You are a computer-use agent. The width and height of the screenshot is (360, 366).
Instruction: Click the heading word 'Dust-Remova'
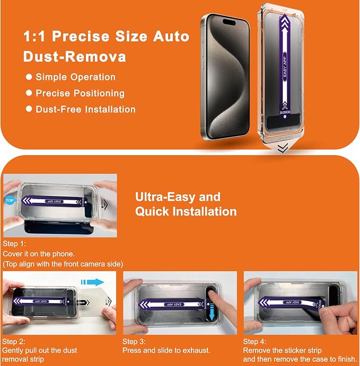(x=75, y=57)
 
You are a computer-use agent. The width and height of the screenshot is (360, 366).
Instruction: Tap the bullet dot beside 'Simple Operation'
(x=29, y=77)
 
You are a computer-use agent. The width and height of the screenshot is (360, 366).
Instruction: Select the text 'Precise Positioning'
(x=80, y=93)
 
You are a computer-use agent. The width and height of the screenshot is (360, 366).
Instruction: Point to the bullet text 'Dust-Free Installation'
(x=85, y=109)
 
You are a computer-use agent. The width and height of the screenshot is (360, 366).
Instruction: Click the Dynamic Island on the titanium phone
(x=229, y=22)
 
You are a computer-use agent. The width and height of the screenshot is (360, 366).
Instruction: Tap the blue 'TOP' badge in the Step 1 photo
(x=10, y=201)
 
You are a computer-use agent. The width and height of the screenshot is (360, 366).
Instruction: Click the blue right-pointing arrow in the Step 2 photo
(x=92, y=282)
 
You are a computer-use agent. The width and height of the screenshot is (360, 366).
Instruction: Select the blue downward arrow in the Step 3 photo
(x=212, y=312)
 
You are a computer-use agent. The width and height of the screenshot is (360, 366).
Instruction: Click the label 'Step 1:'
(x=14, y=244)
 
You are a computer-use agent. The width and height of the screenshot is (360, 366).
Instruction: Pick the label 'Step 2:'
(x=14, y=342)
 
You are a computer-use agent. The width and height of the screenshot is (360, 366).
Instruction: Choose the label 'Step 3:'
(x=134, y=342)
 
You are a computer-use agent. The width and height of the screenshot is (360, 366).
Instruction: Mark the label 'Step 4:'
(x=254, y=342)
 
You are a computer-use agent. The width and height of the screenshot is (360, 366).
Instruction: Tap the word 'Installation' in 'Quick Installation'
(x=206, y=211)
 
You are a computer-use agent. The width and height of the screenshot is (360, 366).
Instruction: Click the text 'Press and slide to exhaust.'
(x=166, y=350)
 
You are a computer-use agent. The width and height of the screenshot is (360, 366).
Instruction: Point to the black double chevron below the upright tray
(x=283, y=148)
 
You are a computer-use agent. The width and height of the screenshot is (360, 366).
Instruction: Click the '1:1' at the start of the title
(x=34, y=37)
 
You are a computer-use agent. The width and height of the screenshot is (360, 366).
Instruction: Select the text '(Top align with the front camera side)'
(x=63, y=264)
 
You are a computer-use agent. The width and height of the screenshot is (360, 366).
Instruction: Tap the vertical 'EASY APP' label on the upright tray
(x=285, y=66)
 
